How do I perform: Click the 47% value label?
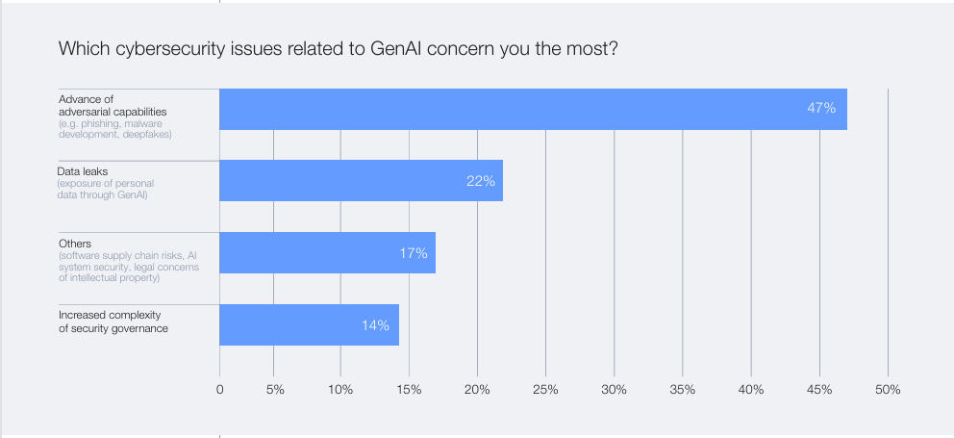click(821, 109)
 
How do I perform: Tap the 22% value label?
click(480, 181)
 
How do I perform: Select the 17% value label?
click(414, 253)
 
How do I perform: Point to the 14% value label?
click(375, 325)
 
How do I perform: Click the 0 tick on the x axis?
click(219, 390)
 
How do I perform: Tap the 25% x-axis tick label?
click(545, 390)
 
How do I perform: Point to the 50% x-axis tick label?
click(887, 390)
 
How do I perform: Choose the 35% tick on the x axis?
click(682, 390)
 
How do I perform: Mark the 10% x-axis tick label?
click(340, 390)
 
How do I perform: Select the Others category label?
click(74, 244)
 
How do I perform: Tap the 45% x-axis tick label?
click(818, 390)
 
